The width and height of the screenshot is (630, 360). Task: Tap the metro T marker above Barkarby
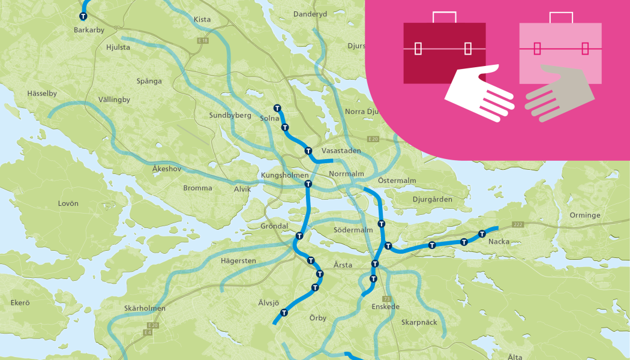click(82, 17)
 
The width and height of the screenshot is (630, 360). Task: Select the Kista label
click(202, 20)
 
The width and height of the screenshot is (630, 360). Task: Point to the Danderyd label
click(310, 14)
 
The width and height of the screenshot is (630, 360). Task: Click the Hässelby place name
click(42, 94)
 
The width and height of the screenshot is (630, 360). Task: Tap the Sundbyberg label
click(230, 115)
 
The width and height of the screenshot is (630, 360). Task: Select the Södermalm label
click(352, 230)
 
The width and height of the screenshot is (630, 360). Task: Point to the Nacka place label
click(499, 242)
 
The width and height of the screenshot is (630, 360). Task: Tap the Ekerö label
click(20, 303)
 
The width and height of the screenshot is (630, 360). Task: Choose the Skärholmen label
click(145, 308)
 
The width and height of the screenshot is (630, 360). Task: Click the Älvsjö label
click(269, 302)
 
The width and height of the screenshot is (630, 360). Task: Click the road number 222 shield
click(518, 224)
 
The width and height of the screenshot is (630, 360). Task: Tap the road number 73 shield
click(386, 298)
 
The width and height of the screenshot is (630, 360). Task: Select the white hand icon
click(480, 94)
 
